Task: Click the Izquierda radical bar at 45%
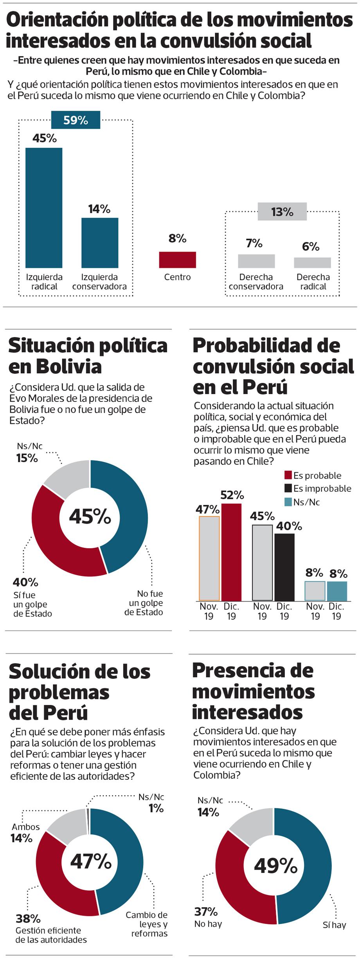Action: pos(44,207)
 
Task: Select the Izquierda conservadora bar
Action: pos(100,243)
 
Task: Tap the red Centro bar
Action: pos(177,260)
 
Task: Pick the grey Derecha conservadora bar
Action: pos(256,261)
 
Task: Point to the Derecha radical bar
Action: pos(312,263)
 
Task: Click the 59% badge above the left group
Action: pos(76,120)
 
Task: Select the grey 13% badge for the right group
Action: pos(282,212)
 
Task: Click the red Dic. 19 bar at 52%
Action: pos(231,552)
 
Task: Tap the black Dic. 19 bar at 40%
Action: pos(284,567)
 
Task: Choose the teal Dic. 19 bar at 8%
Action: pos(337,591)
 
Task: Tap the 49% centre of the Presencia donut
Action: pos(275,866)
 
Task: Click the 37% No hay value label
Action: pos(206,912)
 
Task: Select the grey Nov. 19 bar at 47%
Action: pos(209,558)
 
